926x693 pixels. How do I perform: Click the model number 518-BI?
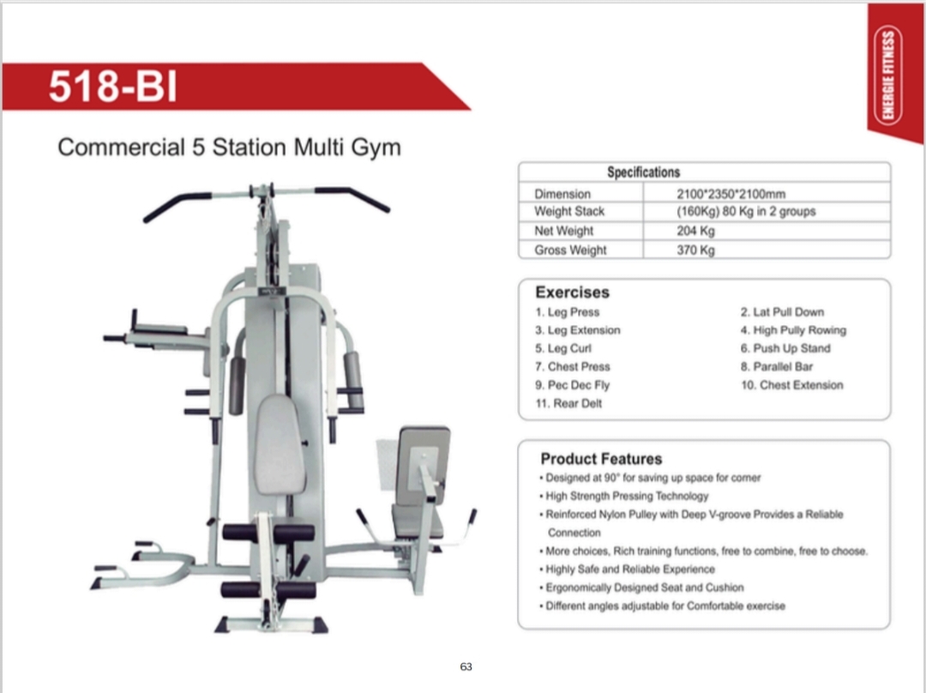(113, 87)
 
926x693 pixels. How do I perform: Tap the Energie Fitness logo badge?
(887, 75)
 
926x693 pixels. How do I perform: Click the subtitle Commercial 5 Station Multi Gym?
(229, 148)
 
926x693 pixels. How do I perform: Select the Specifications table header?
(644, 172)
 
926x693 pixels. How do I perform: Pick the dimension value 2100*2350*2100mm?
(731, 194)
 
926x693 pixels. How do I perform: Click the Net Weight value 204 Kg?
(695, 231)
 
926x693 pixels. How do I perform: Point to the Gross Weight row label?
(570, 250)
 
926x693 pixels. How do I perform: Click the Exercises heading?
(572, 292)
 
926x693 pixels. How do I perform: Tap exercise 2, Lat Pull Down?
(782, 312)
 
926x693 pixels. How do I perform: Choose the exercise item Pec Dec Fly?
(572, 385)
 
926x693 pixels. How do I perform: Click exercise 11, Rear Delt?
(568, 403)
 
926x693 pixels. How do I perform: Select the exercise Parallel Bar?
(777, 367)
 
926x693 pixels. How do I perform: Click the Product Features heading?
(601, 459)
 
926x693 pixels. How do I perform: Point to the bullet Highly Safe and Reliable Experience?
(627, 569)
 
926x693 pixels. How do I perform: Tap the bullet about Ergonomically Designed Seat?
(641, 588)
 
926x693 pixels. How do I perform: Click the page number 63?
(466, 666)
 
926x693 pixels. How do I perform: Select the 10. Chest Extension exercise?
(792, 385)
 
